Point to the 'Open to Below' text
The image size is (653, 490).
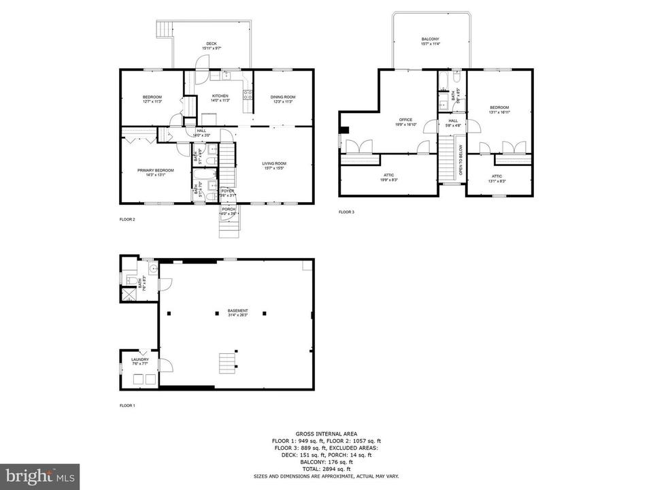(x=461, y=161)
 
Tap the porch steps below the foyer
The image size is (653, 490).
(x=228, y=227)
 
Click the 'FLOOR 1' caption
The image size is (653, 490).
(x=127, y=406)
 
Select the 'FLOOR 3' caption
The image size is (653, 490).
(x=346, y=212)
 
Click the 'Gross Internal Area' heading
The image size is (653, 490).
(x=326, y=434)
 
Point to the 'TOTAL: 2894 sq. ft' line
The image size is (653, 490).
(x=326, y=469)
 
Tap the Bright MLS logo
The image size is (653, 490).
(x=40, y=476)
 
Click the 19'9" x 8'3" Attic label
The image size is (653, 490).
(x=389, y=177)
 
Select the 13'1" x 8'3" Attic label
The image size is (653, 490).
(x=497, y=178)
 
